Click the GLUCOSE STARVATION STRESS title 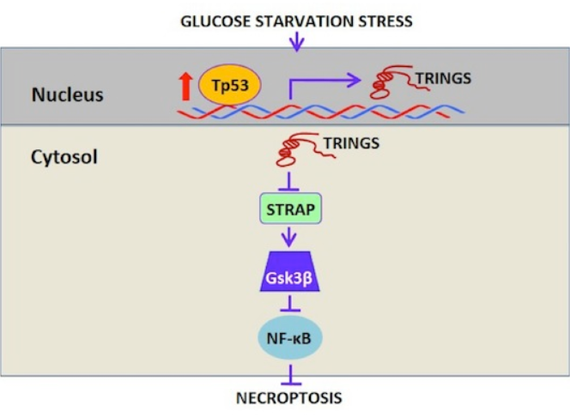pyautogui.click(x=296, y=20)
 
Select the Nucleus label pyautogui.click(x=67, y=94)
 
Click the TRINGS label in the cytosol pyautogui.click(x=351, y=142)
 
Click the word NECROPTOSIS pyautogui.click(x=289, y=398)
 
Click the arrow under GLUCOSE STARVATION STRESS pyautogui.click(x=296, y=39)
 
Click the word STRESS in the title pyautogui.click(x=386, y=20)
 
